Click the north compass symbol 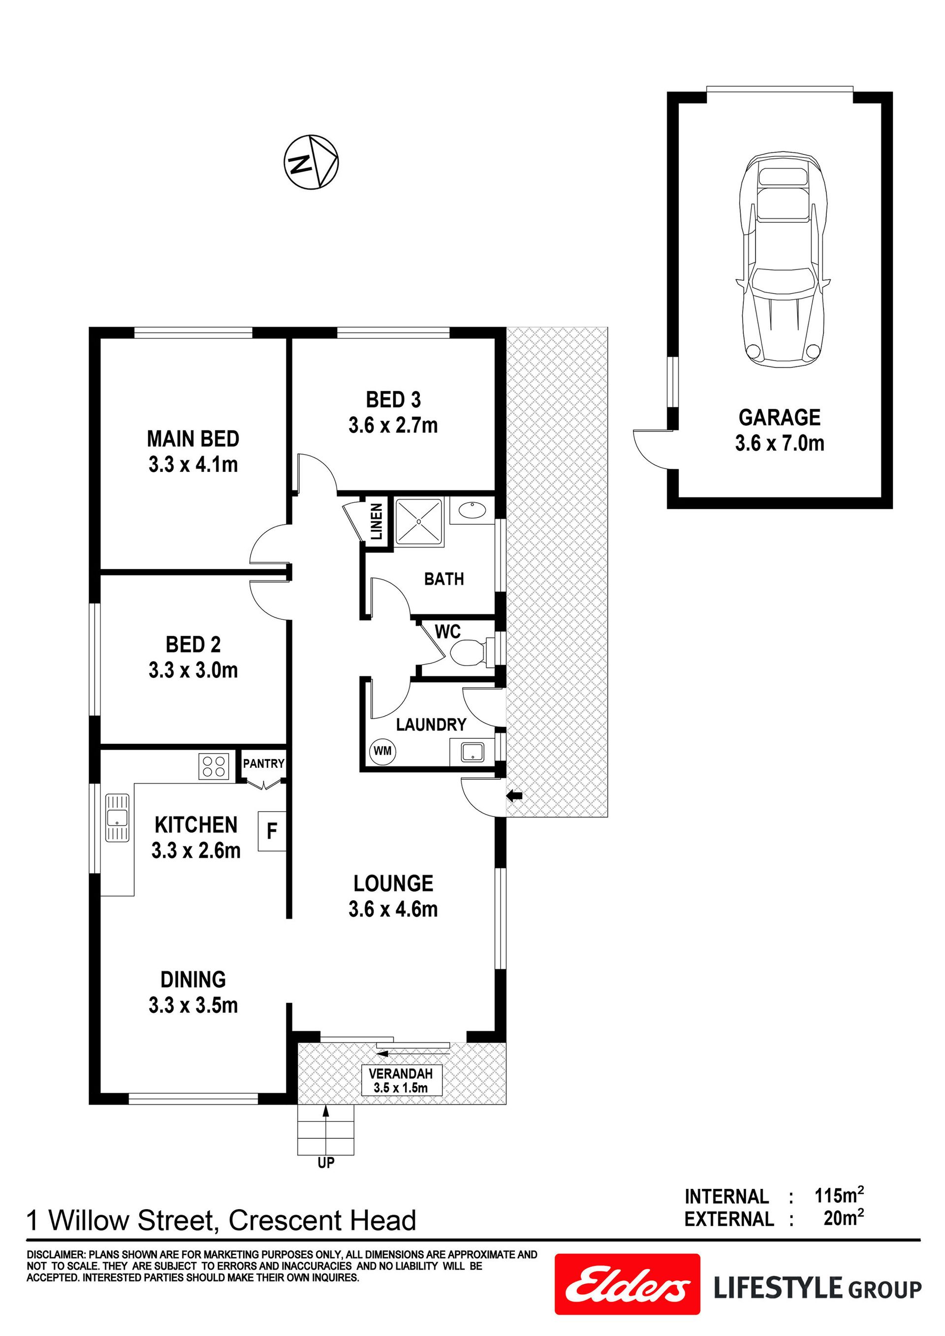click(311, 162)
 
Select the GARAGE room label click(780, 417)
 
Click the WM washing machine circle click(382, 750)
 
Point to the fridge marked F click(272, 831)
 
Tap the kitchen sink click(117, 818)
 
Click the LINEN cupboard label click(377, 521)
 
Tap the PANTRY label click(264, 763)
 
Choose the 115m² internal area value click(839, 1196)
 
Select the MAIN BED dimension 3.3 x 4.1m click(193, 464)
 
